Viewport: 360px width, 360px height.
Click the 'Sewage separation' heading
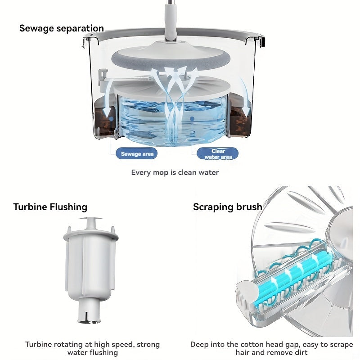[x=61, y=28]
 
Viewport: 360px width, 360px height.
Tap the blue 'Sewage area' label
[x=137, y=154]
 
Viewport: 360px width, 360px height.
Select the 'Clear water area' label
[x=218, y=154]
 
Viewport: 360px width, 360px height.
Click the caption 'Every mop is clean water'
[x=175, y=172]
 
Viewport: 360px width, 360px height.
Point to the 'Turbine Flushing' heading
[x=50, y=207]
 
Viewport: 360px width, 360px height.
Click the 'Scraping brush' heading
[x=227, y=207]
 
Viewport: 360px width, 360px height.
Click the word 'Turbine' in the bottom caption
[x=39, y=345]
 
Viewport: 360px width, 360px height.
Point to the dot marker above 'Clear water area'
[x=192, y=120]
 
